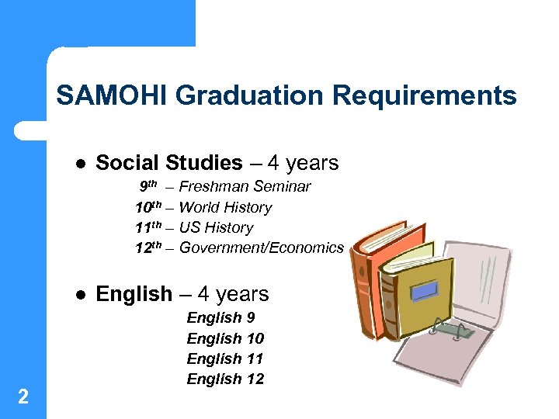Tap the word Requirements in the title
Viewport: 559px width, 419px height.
[424, 95]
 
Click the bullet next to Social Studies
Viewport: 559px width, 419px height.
[79, 164]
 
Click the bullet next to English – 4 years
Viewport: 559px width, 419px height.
[79, 295]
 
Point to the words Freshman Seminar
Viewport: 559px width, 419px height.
[245, 186]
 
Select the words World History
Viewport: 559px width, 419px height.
[225, 207]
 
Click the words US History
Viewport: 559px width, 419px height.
[216, 227]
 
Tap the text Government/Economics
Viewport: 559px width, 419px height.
[261, 248]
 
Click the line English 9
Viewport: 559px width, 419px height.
[220, 317]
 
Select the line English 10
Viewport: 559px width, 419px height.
[225, 338]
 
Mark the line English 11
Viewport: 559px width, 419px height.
[225, 358]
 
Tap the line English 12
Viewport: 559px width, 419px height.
[225, 379]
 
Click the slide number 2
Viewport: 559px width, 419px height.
[23, 397]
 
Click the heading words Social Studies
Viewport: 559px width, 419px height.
[168, 163]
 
